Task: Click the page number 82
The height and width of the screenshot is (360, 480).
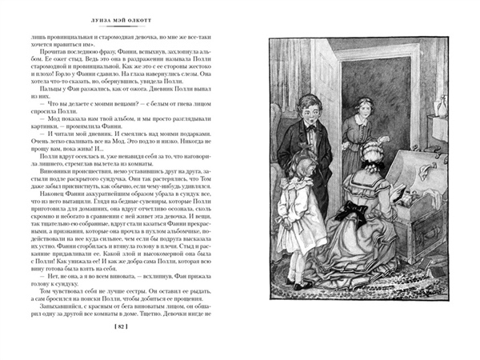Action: (120, 328)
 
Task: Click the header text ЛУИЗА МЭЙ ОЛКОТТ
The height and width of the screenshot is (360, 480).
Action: (120, 20)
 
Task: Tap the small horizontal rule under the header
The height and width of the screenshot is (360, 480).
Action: (120, 29)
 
